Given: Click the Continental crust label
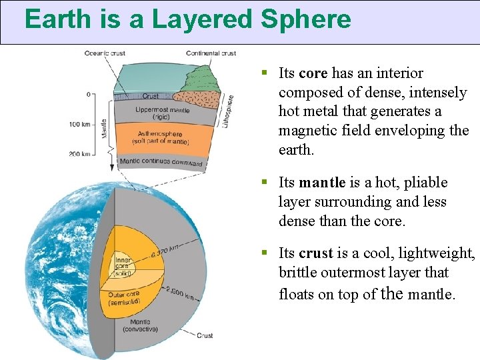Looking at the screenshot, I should (x=211, y=53).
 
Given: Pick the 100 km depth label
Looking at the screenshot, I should (x=79, y=124).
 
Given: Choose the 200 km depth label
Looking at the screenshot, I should (x=79, y=154).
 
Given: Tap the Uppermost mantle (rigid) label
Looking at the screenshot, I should (x=162, y=113).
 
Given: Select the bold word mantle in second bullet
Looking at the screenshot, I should (x=322, y=183).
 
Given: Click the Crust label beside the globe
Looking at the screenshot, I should (x=205, y=335).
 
